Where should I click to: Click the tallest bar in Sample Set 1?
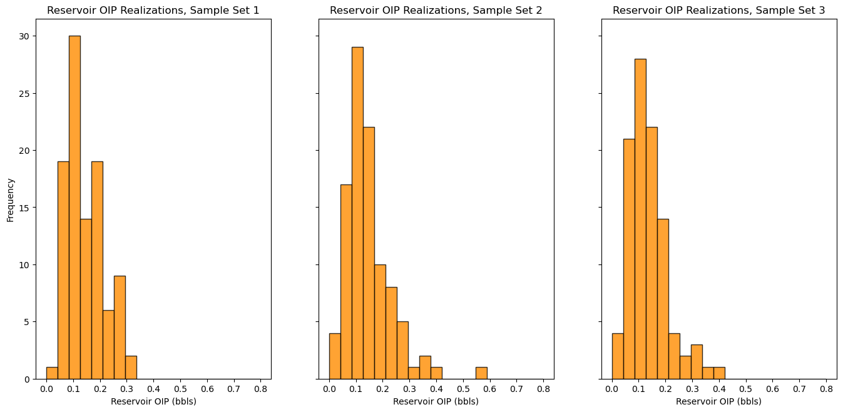pos(74,208)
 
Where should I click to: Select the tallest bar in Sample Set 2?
pos(357,213)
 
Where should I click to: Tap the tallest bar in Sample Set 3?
pos(640,219)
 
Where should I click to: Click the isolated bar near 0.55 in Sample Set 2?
pos(481,373)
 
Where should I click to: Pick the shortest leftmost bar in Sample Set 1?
pos(52,373)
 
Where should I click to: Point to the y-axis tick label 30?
pos(24,36)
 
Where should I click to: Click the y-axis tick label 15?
pos(24,208)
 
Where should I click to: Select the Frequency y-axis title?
pos(10,200)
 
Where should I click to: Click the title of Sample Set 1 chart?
pos(153,10)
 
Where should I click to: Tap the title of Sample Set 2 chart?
pos(436,10)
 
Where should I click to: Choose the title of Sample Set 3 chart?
pos(719,10)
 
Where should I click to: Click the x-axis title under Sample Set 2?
pos(436,401)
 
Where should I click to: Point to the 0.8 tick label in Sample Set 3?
pos(826,389)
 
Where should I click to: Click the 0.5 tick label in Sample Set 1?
pos(180,389)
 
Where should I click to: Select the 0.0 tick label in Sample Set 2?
pos(329,389)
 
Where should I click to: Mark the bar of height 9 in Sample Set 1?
pos(120,328)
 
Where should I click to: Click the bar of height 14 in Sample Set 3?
pos(663,299)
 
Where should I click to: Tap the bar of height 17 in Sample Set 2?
pos(346,282)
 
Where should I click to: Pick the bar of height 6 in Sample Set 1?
pos(108,344)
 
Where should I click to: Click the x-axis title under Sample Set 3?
pos(719,401)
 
